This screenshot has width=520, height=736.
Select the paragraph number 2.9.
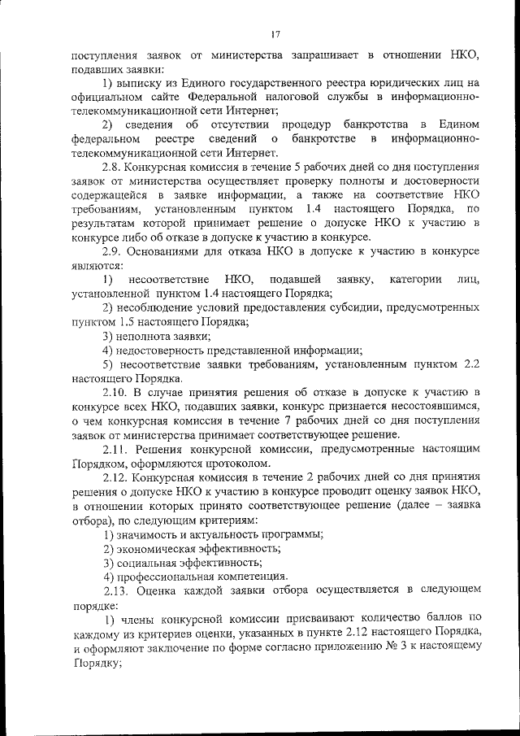[x=111, y=251]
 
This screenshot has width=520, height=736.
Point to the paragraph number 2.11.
[x=114, y=449]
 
